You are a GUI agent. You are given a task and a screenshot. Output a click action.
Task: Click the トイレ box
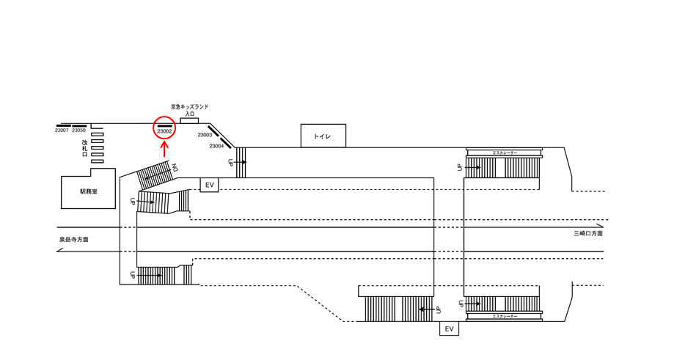(323, 136)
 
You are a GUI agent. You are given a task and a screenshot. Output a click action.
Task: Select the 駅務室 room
(88, 191)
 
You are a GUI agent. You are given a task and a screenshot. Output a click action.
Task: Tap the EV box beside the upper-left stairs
(209, 185)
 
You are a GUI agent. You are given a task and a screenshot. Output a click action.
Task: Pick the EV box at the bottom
(450, 329)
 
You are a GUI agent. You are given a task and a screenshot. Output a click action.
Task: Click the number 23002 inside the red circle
(164, 131)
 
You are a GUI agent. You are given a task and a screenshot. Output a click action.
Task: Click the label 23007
(62, 131)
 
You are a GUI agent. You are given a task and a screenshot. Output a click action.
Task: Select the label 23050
(79, 131)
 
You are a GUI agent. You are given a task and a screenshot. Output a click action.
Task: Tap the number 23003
(205, 135)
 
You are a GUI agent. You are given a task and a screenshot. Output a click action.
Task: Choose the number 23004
(216, 146)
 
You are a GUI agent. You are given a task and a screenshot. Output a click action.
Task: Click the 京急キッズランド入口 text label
(190, 110)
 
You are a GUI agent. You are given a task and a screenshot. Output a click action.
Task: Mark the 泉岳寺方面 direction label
(74, 240)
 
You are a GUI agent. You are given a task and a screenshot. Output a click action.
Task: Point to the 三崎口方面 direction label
(588, 233)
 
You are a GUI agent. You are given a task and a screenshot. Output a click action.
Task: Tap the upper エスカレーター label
(505, 153)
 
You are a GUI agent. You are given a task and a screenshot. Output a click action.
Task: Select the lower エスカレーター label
(505, 316)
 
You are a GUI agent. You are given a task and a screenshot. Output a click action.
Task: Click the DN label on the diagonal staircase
(175, 168)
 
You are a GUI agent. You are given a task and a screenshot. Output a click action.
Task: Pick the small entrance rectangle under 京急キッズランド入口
(190, 120)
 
